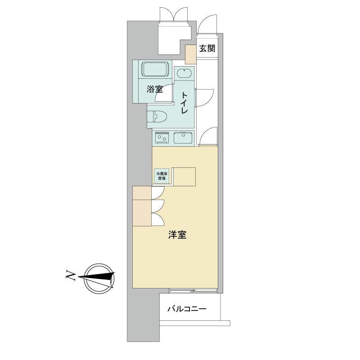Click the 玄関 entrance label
coord(207,49)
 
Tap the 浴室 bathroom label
coord(155,89)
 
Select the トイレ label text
coord(184,103)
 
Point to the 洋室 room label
coord(177,234)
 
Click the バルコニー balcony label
coord(187,309)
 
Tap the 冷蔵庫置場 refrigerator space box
coord(162,176)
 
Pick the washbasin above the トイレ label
coord(184,74)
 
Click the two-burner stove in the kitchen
coord(162,138)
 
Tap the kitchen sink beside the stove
coord(183,138)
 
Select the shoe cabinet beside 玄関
coord(191,54)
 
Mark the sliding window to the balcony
coord(193,291)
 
